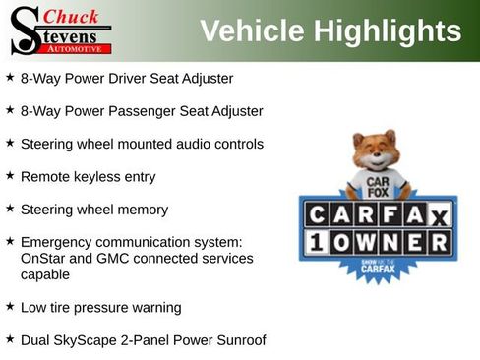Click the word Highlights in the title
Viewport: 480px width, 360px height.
click(x=389, y=31)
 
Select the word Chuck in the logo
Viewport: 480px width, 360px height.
click(x=72, y=16)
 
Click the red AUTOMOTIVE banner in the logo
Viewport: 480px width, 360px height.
click(x=82, y=47)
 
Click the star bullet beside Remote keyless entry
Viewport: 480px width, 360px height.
click(x=10, y=176)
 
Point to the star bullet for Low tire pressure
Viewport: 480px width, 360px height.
click(x=10, y=307)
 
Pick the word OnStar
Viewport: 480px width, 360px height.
click(x=44, y=259)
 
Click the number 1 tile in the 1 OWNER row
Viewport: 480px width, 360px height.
click(x=317, y=243)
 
